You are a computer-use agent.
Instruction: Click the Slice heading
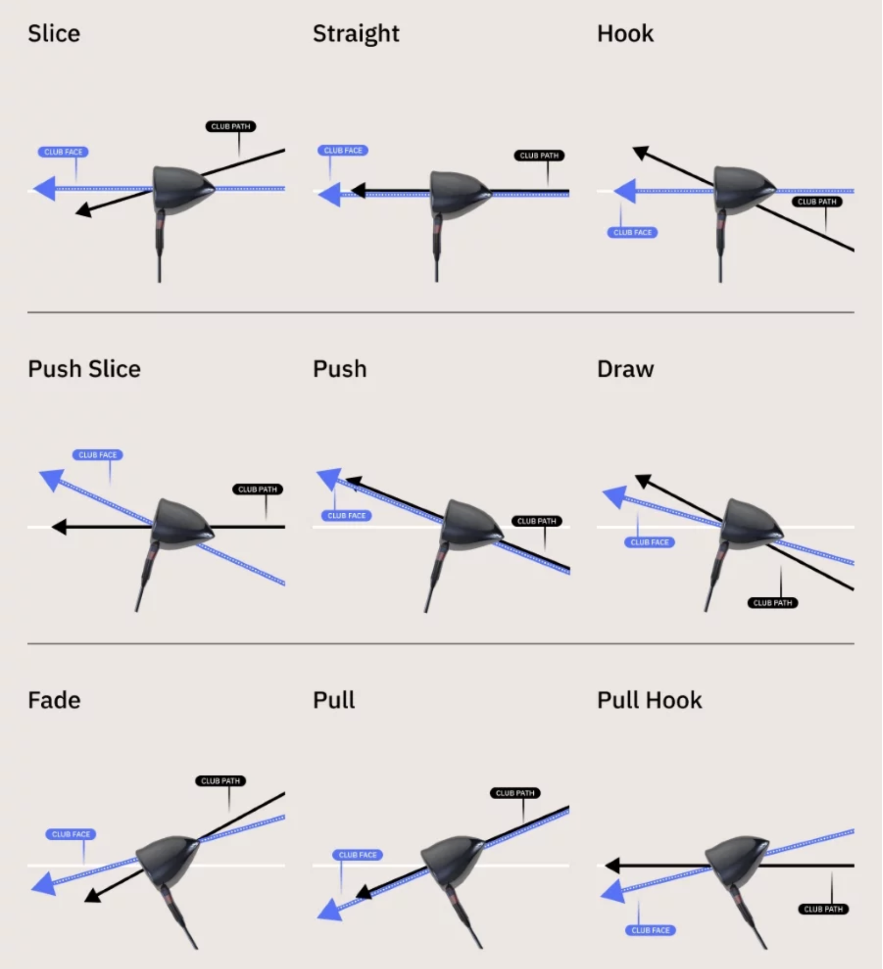54,34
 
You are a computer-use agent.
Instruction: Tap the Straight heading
356,34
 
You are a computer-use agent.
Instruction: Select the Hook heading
625,34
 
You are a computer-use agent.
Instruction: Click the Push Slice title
84,369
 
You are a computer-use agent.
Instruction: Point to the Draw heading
625,369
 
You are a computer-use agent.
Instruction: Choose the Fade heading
54,700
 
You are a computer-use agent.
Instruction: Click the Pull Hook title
649,700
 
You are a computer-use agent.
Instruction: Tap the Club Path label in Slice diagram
230,126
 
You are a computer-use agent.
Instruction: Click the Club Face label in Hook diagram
632,232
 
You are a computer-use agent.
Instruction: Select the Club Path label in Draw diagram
772,603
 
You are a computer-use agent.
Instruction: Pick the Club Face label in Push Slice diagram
97,455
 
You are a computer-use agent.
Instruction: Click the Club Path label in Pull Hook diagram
823,909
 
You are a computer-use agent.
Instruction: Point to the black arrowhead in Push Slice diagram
59,526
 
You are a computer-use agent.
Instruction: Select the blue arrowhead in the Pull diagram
329,909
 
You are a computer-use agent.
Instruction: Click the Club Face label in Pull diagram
357,855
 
